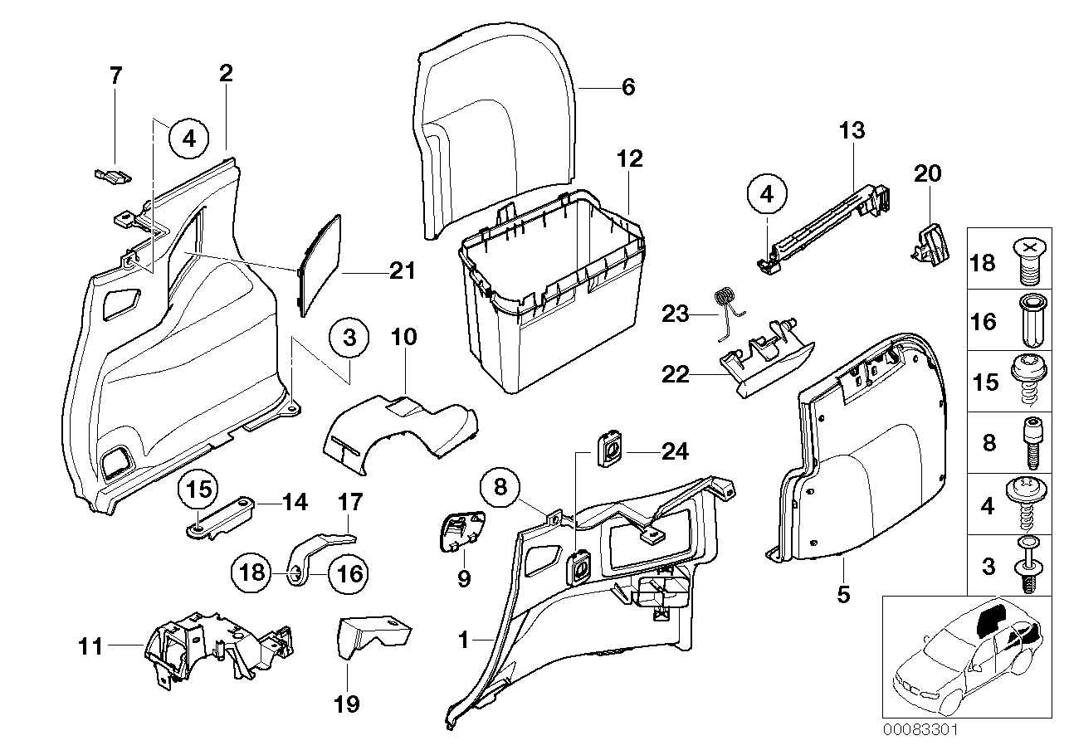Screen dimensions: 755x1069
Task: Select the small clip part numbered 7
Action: [x=110, y=174]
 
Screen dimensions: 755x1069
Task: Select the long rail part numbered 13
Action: [x=822, y=224]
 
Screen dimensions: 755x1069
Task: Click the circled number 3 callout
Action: [x=349, y=339]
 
